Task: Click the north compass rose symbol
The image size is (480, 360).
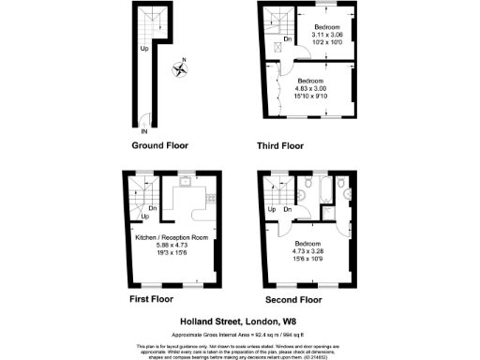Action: pos(180,67)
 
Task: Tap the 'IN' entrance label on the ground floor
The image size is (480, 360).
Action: pos(142,131)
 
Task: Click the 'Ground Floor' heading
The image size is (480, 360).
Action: pos(160,146)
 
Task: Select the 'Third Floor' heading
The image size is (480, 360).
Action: pos(280,146)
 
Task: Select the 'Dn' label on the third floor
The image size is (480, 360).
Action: pos(287,38)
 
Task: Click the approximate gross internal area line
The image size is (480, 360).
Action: pos(240,332)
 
